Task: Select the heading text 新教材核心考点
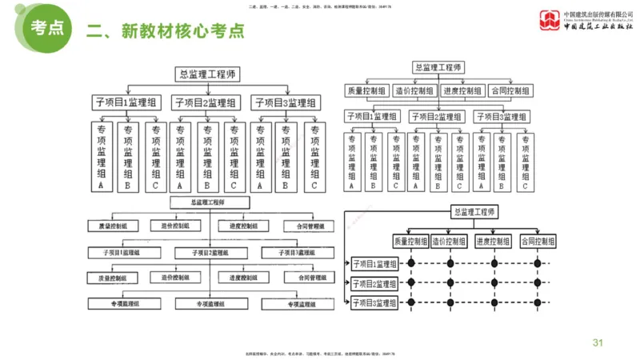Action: (182, 30)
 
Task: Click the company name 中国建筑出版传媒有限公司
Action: (598, 14)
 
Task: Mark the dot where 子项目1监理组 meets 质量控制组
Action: (412, 262)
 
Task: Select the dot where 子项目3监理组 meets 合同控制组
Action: (537, 302)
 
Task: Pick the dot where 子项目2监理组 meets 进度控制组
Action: (493, 282)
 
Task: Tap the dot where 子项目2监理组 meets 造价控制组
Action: (450, 282)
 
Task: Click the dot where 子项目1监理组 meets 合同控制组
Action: (537, 262)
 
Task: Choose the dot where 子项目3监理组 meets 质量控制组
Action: (412, 302)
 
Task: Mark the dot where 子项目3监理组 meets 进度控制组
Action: (493, 302)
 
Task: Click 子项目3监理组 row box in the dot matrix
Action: (374, 303)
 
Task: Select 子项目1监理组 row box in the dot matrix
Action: (374, 263)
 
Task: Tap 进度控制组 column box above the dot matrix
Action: (493, 241)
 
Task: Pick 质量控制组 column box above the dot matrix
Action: (411, 241)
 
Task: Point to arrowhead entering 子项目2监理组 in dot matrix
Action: (349, 283)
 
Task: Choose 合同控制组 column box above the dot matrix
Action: (537, 241)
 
